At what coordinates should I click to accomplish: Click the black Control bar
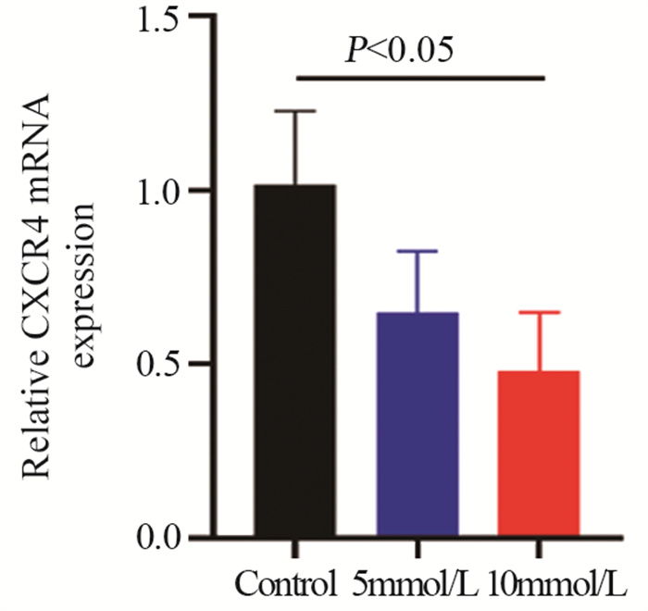click(296, 361)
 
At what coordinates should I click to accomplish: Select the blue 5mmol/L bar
click(419, 425)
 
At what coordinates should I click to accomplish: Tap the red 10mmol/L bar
click(540, 454)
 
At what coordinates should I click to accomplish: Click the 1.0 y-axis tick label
click(157, 191)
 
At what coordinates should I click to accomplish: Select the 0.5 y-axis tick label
click(157, 364)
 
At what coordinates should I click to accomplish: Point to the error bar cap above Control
click(296, 111)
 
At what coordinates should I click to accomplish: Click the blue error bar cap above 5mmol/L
click(419, 251)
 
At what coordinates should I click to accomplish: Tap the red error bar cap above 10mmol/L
click(540, 313)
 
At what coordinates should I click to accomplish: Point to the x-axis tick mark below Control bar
click(296, 547)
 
